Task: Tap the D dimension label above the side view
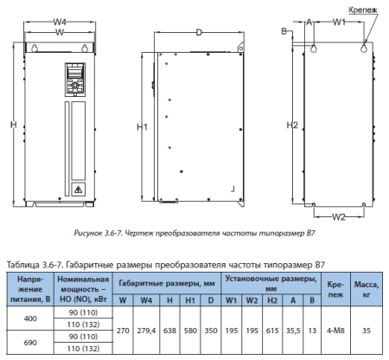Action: coord(199,32)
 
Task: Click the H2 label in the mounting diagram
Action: coord(293,126)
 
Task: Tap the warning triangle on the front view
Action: coord(78,187)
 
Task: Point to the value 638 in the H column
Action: coord(169,330)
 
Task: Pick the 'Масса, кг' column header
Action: coord(367,288)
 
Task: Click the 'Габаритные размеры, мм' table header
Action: coord(167,282)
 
